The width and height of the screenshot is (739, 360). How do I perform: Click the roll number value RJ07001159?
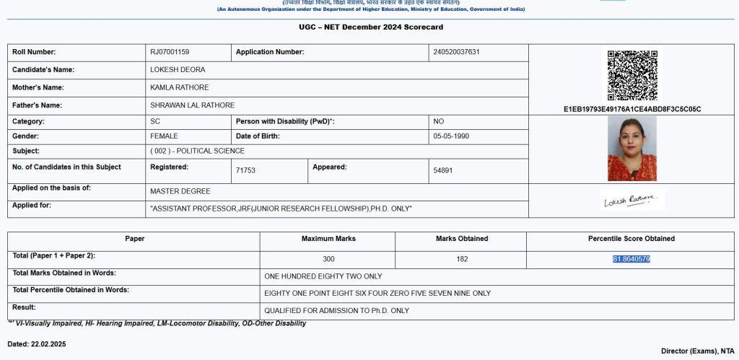tap(170, 52)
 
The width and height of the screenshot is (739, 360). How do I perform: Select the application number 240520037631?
tap(456, 52)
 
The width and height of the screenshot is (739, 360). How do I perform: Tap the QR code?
tap(632, 75)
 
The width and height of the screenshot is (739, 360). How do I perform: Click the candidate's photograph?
tap(632, 149)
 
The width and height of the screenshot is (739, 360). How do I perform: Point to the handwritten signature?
tap(630, 201)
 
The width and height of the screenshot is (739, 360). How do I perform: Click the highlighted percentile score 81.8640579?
tap(631, 259)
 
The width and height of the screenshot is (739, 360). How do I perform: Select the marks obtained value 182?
tap(462, 259)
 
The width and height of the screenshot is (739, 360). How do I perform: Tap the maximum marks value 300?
tap(328, 259)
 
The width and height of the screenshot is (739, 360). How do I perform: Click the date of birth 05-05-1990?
tap(451, 136)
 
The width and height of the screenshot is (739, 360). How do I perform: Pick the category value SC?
tap(155, 122)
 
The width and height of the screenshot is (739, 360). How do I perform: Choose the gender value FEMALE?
tap(164, 136)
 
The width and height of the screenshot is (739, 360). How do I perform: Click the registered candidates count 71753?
tap(245, 171)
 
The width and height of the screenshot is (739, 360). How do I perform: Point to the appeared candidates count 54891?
tap(443, 171)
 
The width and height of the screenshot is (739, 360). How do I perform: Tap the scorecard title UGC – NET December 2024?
tap(371, 27)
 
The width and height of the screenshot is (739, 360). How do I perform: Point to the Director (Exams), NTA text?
tap(697, 351)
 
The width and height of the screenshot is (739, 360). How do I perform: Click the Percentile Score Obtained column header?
tap(631, 239)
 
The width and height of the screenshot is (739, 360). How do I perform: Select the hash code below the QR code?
tap(632, 110)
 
